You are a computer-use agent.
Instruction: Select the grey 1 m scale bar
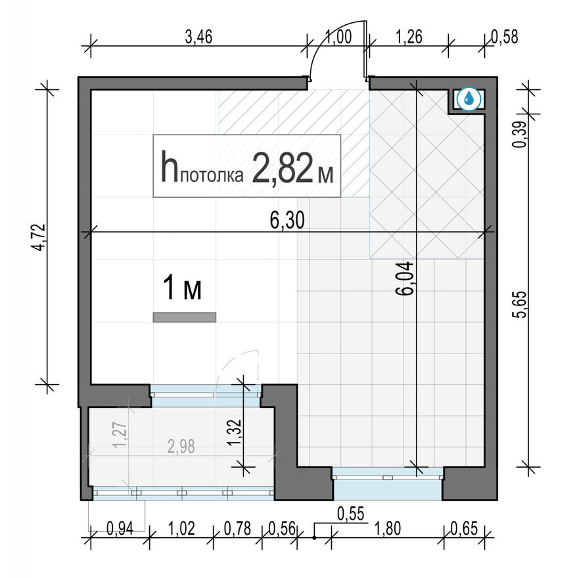pos(185,317)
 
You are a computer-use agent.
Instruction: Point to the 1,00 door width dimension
pos(339,37)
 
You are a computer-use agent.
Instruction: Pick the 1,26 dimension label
pos(409,37)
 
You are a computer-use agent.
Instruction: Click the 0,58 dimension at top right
pos(505,37)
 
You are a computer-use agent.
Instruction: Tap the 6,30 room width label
pos(287,221)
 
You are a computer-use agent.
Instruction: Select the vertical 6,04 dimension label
pos(404,278)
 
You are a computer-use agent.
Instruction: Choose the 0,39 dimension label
pos(520,135)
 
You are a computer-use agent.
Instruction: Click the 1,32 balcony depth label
pos(235,432)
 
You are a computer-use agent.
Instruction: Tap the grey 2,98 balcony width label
pos(181,447)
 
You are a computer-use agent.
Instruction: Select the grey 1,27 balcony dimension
pos(121,435)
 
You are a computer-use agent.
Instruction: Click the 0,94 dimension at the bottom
pos(120,529)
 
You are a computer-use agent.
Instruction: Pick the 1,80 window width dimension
pos(387,528)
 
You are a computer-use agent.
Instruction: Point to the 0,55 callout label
pos(351,514)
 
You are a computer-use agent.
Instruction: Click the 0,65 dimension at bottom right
pos(464,528)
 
